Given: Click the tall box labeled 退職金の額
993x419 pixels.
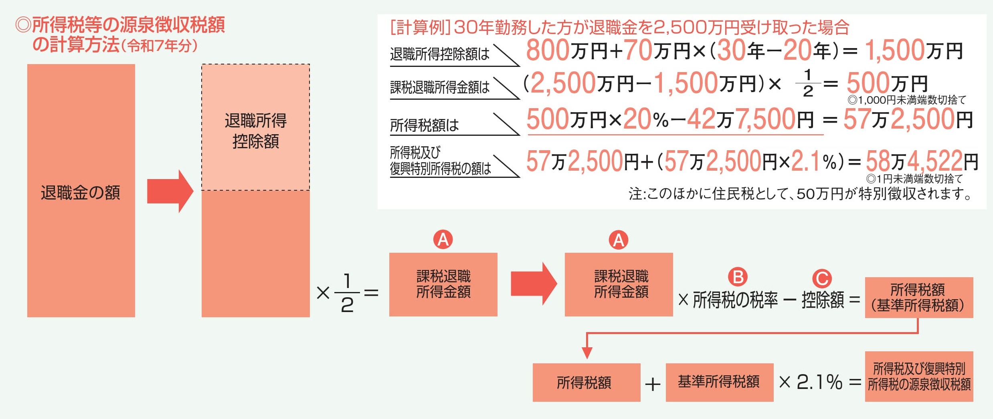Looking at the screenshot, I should (x=81, y=191).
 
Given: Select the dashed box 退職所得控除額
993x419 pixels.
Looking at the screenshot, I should (x=255, y=127).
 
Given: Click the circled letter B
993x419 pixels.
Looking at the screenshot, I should (x=738, y=277).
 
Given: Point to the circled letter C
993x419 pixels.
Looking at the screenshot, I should (x=822, y=278).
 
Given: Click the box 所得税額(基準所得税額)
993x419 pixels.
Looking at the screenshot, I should (x=919, y=298).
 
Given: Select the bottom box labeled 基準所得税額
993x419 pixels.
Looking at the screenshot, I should (x=719, y=382).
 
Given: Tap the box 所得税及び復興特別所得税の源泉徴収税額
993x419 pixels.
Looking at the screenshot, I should (x=919, y=377).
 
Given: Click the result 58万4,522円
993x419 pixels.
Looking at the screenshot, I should (x=922, y=161).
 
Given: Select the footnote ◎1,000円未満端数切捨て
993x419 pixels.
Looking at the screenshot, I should (x=907, y=100).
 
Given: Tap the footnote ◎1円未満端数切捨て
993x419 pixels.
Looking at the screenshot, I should (x=914, y=179).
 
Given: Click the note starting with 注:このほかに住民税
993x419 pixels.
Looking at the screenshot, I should (x=800, y=194).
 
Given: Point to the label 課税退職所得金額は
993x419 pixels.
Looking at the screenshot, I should (x=440, y=87).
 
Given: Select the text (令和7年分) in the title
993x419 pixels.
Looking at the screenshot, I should (x=160, y=46).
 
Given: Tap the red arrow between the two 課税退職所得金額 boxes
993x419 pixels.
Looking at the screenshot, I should (x=534, y=284).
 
